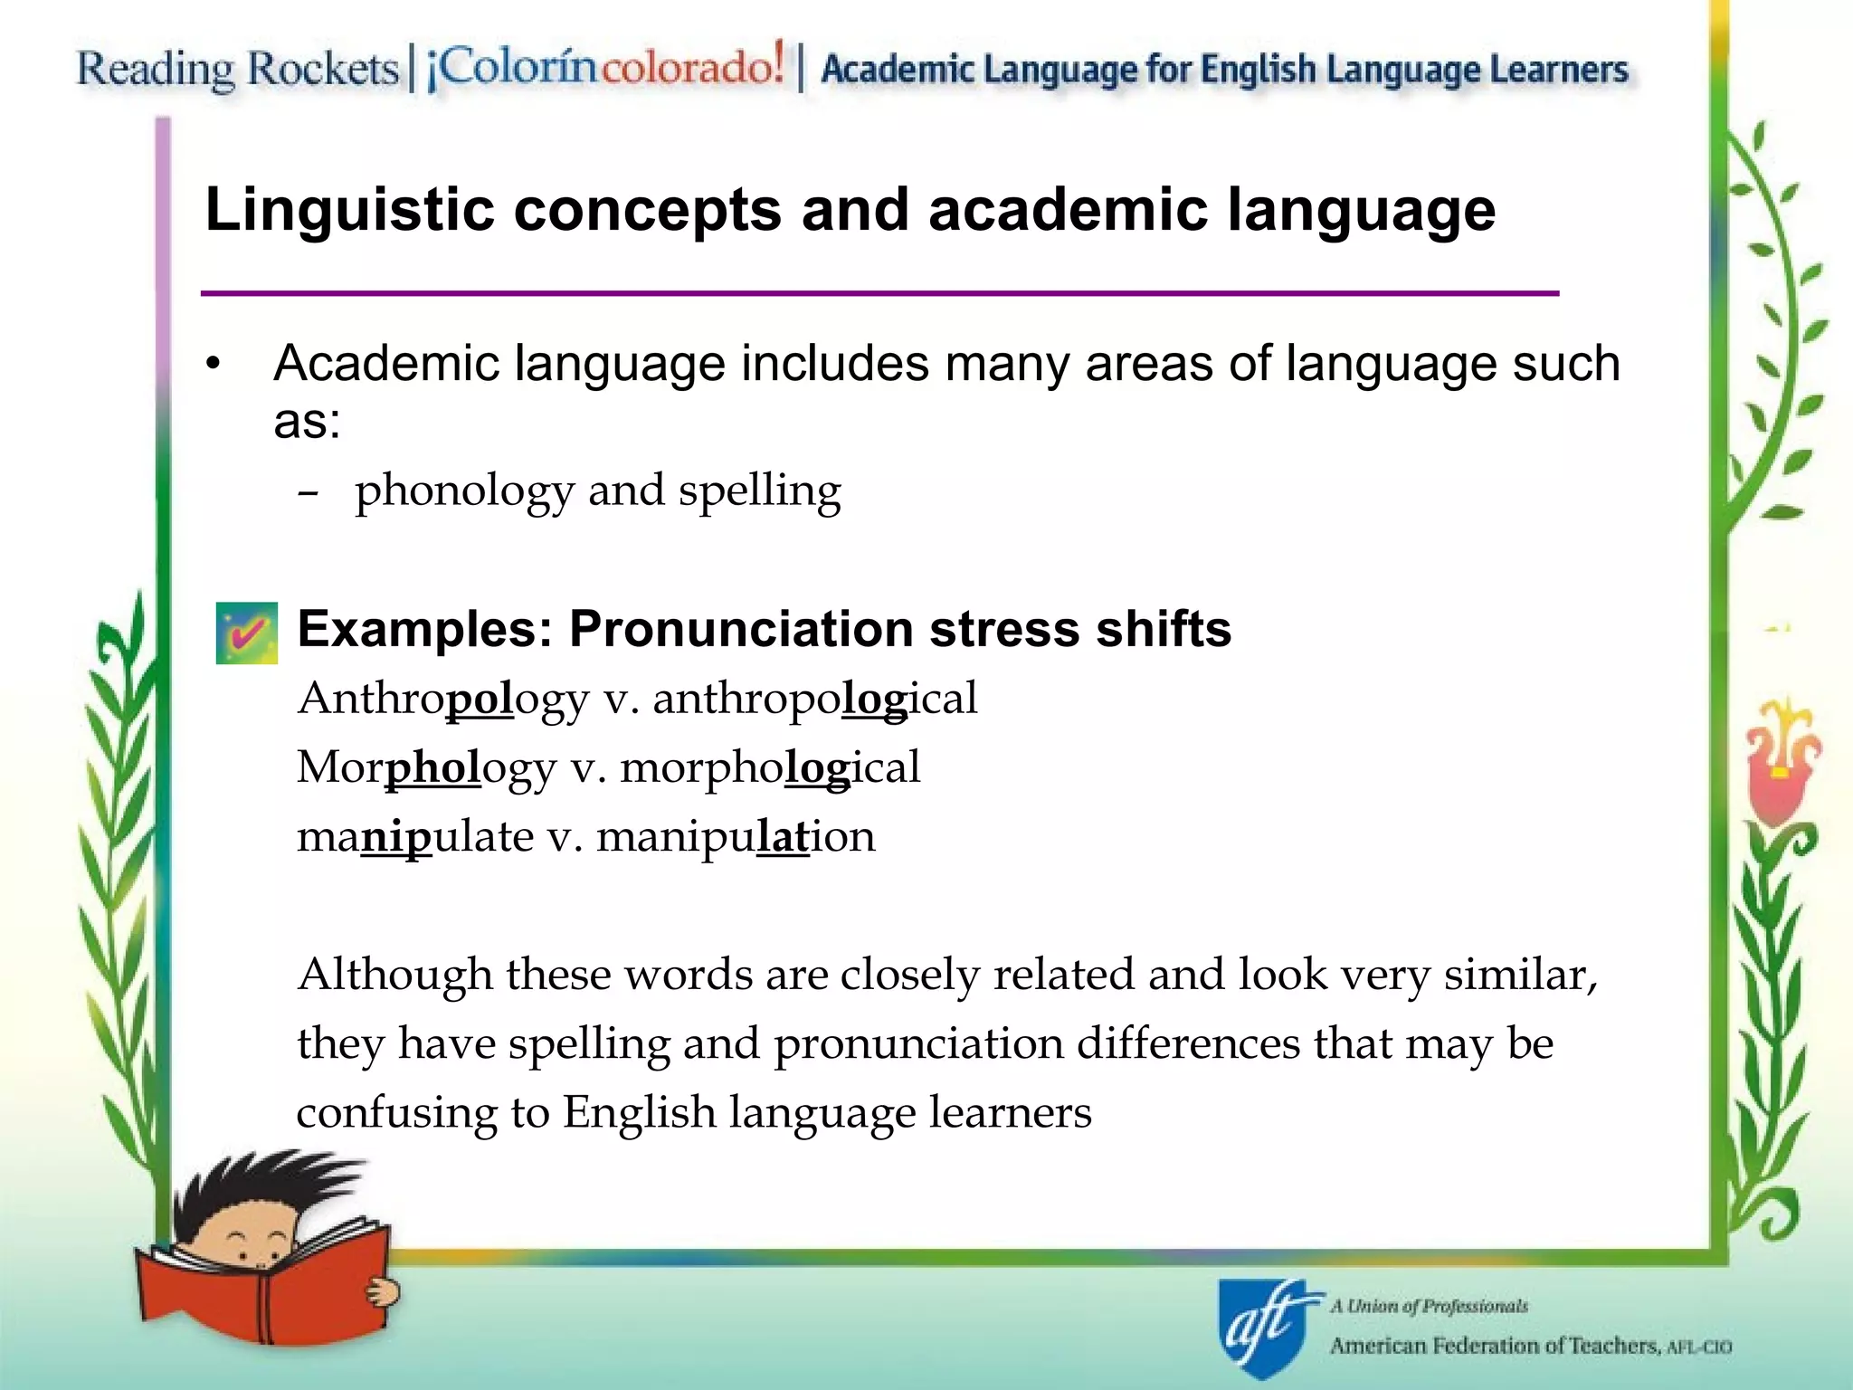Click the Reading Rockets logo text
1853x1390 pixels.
(237, 70)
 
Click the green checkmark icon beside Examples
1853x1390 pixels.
(246, 633)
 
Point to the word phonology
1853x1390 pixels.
(464, 492)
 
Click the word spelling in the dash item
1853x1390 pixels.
(759, 492)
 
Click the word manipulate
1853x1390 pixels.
(415, 836)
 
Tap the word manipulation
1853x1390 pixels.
(736, 836)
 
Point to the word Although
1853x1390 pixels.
(394, 975)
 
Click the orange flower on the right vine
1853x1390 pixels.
(1779, 760)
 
